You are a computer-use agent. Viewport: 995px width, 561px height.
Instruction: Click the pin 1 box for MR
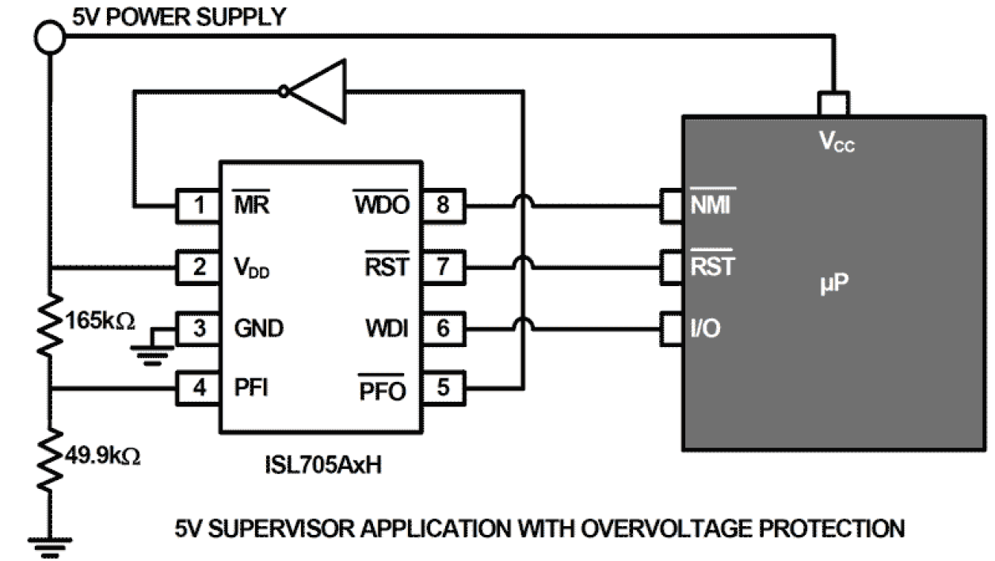(198, 206)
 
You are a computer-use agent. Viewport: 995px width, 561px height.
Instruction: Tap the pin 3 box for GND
(198, 328)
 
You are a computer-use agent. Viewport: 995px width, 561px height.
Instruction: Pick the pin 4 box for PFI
(198, 388)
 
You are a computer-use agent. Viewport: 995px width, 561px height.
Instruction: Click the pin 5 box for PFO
(443, 388)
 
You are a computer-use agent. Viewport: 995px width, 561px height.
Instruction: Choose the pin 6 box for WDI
(443, 328)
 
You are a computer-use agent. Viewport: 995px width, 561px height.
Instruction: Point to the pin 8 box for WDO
(443, 206)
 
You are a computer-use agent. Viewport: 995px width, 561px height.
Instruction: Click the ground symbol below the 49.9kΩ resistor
(48, 545)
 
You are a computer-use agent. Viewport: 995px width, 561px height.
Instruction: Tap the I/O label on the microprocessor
(704, 328)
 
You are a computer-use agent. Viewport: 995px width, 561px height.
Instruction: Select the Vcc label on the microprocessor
(837, 143)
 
